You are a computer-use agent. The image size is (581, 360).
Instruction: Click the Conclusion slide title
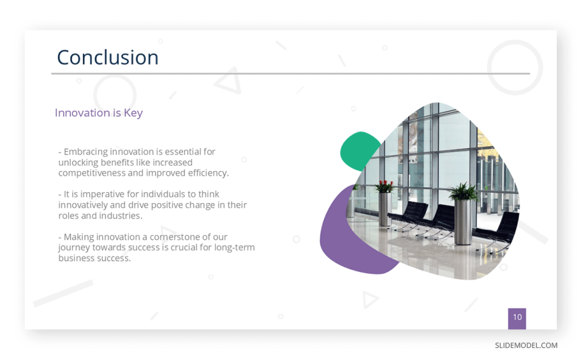pyautogui.click(x=108, y=57)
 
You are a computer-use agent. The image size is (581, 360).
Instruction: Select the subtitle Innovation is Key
pyautogui.click(x=99, y=113)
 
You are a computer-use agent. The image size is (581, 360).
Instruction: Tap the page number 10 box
pyautogui.click(x=517, y=319)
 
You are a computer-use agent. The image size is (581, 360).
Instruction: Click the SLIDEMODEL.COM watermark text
pyautogui.click(x=526, y=345)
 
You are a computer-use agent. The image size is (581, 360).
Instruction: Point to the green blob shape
pyautogui.click(x=357, y=151)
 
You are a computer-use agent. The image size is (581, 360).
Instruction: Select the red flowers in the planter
pyautogui.click(x=385, y=186)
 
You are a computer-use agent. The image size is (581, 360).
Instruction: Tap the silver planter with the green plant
pyautogui.click(x=463, y=214)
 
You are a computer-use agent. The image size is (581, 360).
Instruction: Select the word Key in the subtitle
pyautogui.click(x=133, y=113)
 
